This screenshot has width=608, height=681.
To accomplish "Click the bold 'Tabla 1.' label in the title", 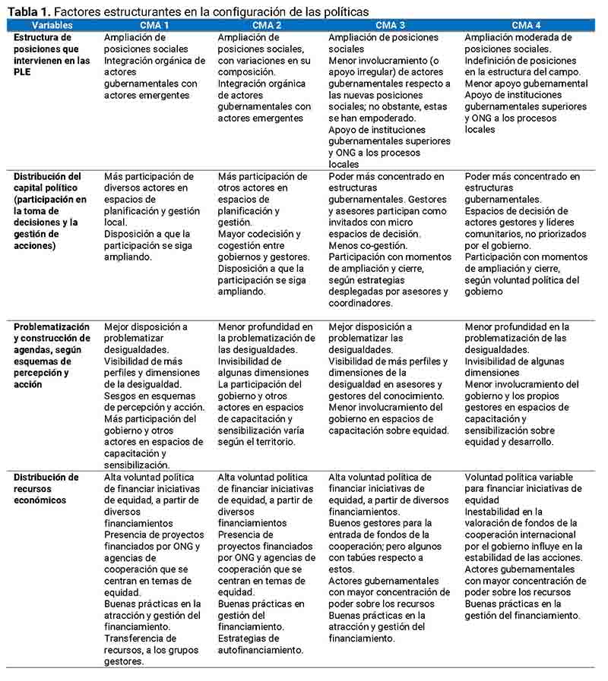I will pyautogui.click(x=28, y=12).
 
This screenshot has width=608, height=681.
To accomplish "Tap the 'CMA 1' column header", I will pyautogui.click(x=154, y=26).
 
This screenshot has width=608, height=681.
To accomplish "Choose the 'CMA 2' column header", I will pyautogui.click(x=268, y=26).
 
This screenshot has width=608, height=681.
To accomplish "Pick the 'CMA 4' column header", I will pyautogui.click(x=527, y=26).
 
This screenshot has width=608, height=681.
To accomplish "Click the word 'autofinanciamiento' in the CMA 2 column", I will pyautogui.click(x=261, y=650).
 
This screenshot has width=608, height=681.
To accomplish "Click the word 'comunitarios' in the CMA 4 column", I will pyautogui.click(x=496, y=234).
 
